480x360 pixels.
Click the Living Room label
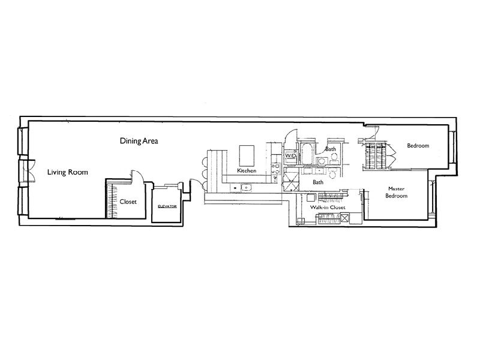point(68,173)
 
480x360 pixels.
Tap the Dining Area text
point(139,142)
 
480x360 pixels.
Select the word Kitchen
point(247,171)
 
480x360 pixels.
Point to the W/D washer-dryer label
point(291,156)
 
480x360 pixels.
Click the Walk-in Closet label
point(328,207)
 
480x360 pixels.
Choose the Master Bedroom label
point(396,192)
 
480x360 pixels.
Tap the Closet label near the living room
point(128,202)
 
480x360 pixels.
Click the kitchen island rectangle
point(248,155)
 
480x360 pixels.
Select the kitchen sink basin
point(245,188)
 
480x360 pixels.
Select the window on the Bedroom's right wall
point(454,148)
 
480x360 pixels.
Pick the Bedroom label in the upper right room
point(418,146)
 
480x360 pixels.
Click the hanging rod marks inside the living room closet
point(110,201)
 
